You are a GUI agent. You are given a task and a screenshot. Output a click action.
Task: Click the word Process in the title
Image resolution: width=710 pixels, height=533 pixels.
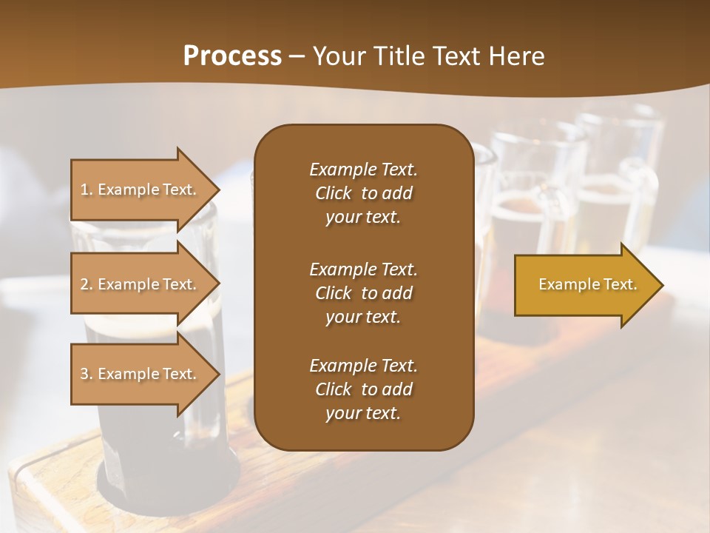[232, 56]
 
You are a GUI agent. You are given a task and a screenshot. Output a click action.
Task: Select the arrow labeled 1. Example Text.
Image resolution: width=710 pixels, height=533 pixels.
[141, 190]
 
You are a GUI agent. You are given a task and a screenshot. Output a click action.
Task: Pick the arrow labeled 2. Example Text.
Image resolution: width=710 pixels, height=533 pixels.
[141, 284]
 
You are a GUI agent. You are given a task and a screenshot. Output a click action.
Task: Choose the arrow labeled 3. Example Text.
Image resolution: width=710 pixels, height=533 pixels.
[141, 374]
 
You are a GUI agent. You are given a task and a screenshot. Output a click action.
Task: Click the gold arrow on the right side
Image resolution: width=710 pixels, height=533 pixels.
[584, 284]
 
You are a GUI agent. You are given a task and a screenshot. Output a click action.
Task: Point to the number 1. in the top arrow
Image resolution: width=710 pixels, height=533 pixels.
[87, 190]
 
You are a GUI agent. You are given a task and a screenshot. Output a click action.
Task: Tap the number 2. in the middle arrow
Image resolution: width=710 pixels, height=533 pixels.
[87, 284]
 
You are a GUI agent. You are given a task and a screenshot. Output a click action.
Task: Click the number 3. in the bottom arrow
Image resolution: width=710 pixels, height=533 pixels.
[87, 374]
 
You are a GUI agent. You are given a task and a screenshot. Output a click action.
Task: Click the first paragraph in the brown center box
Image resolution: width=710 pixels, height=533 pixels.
[363, 193]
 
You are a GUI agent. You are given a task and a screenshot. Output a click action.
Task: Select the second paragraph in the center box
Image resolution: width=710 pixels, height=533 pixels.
[363, 292]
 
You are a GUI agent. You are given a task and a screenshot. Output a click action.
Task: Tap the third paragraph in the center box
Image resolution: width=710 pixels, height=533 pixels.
[363, 389]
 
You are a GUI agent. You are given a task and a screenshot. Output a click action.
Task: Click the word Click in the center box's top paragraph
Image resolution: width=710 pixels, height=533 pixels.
[334, 193]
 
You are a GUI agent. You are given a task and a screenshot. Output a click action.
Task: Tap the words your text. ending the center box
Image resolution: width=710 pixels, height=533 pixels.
[363, 413]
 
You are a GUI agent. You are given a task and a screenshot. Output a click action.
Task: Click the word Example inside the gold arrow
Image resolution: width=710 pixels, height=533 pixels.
[564, 284]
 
